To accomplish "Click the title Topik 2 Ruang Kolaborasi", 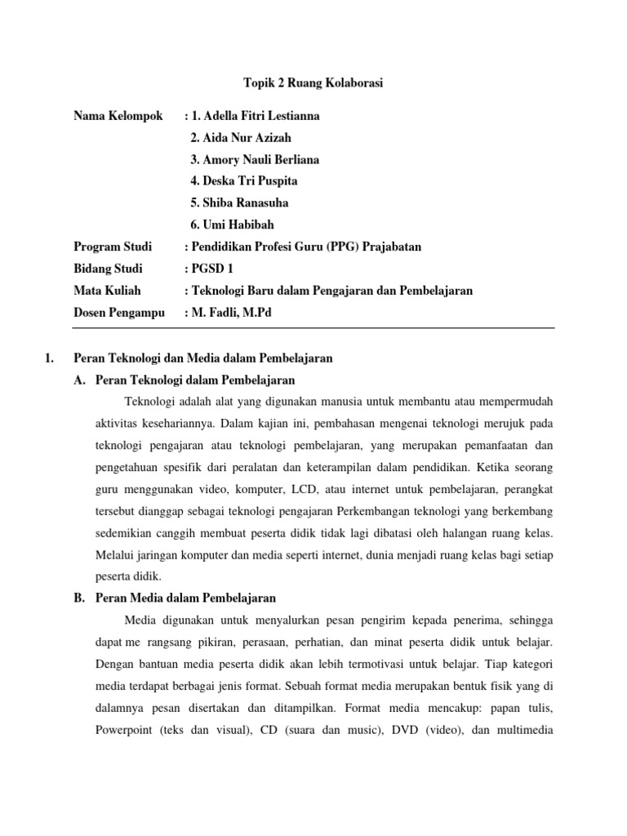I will click(313, 83).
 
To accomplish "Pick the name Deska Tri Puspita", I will click(243, 180).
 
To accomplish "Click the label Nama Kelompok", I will click(118, 116).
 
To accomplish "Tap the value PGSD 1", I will click(214, 269).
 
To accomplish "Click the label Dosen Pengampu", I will click(119, 313).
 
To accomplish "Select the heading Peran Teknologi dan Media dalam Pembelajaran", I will click(202, 358).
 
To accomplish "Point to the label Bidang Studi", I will click(108, 269).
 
